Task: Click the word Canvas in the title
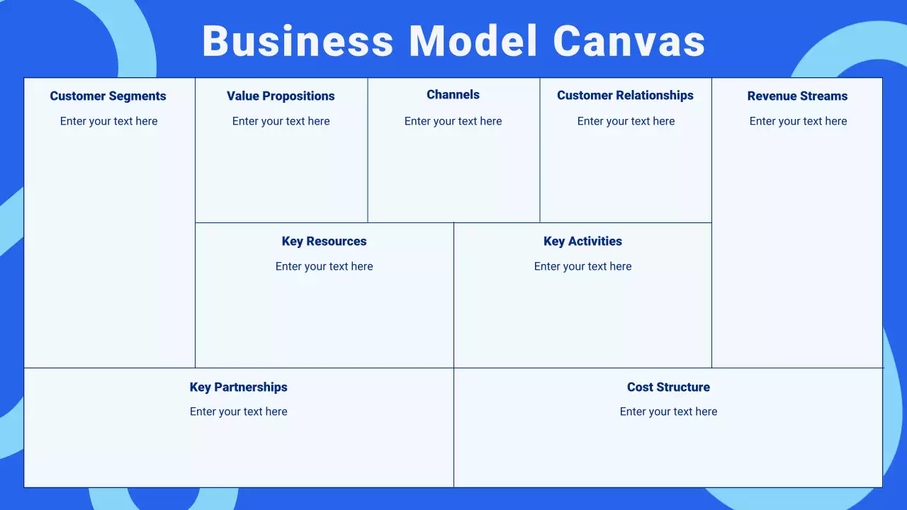629,41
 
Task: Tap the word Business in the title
298,41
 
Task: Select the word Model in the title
473,41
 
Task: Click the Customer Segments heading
108,96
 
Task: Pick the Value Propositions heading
281,96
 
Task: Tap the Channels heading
453,95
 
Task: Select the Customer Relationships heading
625,96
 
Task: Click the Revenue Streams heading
797,96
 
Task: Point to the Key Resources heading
324,242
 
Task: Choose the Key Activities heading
582,242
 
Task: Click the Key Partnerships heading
238,387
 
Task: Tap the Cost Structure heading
668,387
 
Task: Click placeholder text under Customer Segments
108,121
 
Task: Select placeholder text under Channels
453,121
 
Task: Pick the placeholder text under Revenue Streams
798,121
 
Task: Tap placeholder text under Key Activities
582,266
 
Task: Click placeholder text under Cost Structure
668,412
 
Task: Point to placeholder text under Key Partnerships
238,412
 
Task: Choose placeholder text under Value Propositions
281,121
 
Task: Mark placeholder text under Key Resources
324,266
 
